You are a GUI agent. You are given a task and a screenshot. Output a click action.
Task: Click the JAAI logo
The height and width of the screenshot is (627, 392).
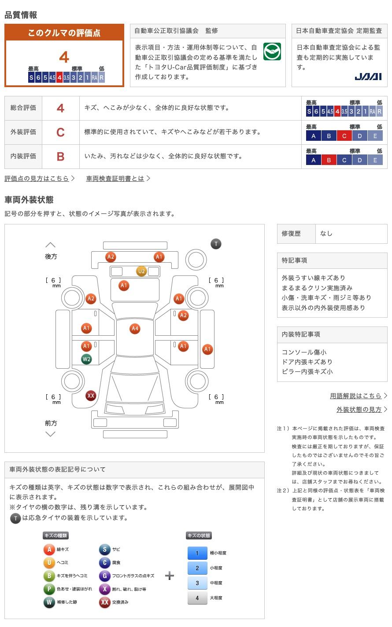point(368,77)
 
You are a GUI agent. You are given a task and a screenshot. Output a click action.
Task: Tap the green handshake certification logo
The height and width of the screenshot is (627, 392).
point(272,51)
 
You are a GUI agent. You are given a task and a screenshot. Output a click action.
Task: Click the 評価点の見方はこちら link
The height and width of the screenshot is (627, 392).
point(37,178)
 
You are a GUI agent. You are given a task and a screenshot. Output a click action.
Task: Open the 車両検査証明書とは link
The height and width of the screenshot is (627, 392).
point(115,178)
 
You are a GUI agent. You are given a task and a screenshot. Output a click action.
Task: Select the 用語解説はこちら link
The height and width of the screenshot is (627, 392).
point(355,396)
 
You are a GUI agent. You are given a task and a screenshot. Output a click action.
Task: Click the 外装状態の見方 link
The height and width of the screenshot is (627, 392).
point(359,410)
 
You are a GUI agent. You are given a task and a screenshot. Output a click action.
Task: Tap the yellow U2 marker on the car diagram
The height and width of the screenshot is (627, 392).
point(141,271)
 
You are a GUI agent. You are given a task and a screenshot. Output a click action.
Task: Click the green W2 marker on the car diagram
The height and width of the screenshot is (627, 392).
point(86,359)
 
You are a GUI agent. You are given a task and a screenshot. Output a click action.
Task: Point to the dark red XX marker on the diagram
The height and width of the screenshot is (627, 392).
point(90,396)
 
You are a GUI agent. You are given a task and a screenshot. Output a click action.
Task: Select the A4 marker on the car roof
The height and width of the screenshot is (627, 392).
point(135,328)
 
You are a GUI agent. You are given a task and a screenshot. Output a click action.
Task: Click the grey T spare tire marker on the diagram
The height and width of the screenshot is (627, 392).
point(216,244)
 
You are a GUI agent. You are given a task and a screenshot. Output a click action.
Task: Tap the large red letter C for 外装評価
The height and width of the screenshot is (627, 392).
point(60,132)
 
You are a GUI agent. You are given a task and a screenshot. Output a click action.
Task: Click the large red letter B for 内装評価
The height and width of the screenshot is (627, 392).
point(60,157)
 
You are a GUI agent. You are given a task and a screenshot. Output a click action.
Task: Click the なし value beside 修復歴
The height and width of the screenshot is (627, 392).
point(326,234)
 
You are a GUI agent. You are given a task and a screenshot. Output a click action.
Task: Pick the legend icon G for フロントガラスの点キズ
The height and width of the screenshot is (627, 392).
point(104,576)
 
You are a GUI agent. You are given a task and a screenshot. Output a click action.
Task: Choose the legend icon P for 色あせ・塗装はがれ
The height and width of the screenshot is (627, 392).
point(49,589)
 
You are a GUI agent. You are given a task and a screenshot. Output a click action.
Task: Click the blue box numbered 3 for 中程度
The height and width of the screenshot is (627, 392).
point(197,583)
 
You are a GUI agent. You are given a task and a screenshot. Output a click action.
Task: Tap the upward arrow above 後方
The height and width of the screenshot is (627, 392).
point(50,245)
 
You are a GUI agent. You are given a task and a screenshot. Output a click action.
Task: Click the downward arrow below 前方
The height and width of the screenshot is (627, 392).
point(50,434)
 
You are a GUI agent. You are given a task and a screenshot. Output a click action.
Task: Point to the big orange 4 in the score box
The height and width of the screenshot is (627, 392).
point(64,57)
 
